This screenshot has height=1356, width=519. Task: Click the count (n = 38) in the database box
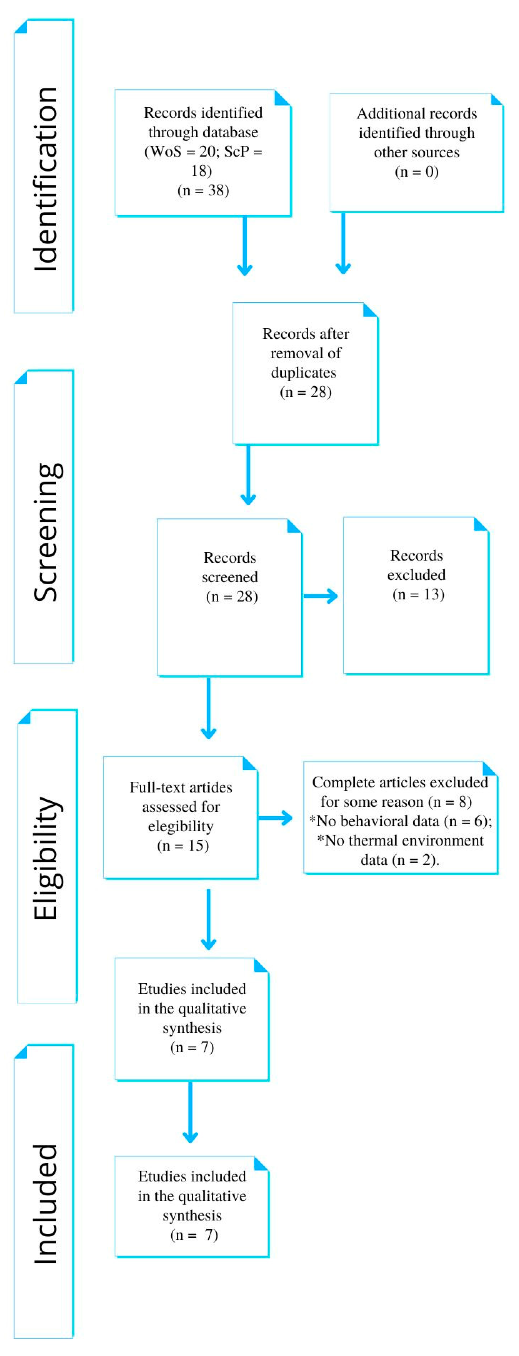coord(203,190)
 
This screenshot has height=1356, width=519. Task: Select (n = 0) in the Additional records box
coord(417,172)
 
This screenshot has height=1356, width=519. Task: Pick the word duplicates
coord(303,373)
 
